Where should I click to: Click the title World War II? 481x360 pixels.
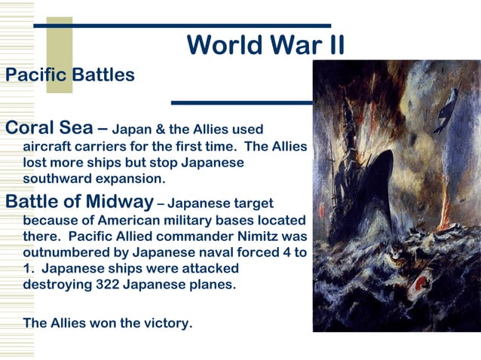(265, 45)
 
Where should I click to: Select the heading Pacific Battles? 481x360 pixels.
(70, 75)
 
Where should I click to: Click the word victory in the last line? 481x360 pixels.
(167, 323)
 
